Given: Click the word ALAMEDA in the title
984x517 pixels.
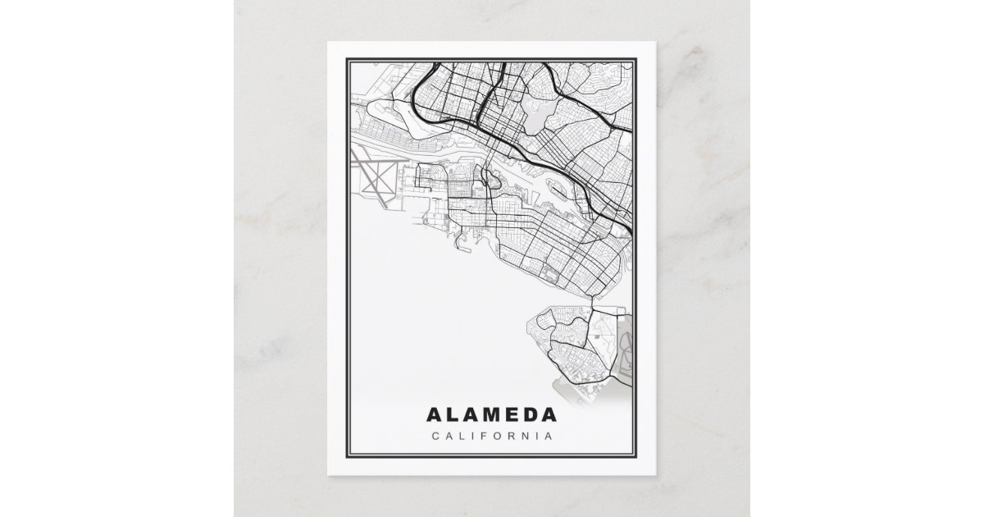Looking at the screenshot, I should pyautogui.click(x=491, y=414).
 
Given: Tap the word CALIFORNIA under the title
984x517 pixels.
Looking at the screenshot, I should pyautogui.click(x=491, y=435).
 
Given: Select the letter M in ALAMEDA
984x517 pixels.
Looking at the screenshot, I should pyautogui.click(x=491, y=414).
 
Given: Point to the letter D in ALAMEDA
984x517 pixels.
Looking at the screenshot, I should pyautogui.click(x=532, y=414).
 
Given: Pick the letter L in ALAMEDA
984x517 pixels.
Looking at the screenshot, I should pyautogui.click(x=453, y=414).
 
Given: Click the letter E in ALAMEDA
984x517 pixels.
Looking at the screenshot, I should pyautogui.click(x=512, y=414).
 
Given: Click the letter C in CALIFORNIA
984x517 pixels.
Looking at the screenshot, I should pyautogui.click(x=435, y=435).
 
